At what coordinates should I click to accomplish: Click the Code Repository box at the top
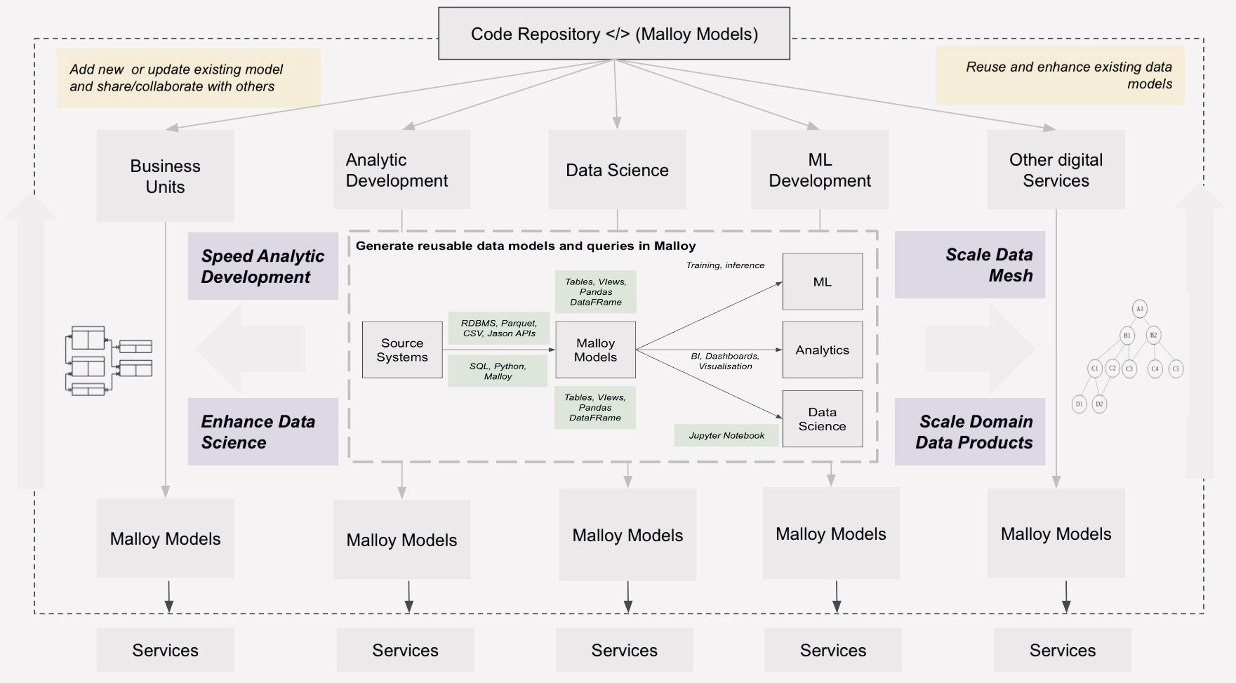[x=614, y=34]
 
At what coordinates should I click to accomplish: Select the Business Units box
[x=165, y=176]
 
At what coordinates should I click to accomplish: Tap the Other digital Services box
[x=1056, y=170]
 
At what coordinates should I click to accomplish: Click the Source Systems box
[x=402, y=350]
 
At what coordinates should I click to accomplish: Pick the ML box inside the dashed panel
[x=822, y=281]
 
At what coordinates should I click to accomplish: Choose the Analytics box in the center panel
[x=822, y=350]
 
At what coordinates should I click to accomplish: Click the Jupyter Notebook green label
[x=726, y=435]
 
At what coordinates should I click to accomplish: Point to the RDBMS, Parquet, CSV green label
[x=498, y=328]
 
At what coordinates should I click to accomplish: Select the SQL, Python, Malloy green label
[x=498, y=371]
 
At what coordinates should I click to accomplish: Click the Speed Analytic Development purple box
[x=263, y=266]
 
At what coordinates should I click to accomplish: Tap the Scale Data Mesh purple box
[x=969, y=265]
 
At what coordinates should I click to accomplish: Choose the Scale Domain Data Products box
[x=969, y=432]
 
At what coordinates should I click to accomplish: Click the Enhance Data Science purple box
[x=263, y=432]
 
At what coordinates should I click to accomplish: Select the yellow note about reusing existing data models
[x=1060, y=75]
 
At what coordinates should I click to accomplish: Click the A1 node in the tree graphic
[x=1139, y=309]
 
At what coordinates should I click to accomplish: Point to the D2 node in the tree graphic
[x=1099, y=404]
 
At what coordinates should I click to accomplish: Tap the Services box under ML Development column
[x=832, y=650]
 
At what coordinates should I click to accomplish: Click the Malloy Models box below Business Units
[x=165, y=538]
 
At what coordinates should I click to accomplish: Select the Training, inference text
[x=725, y=265]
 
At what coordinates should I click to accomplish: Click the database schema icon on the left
[x=108, y=359]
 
